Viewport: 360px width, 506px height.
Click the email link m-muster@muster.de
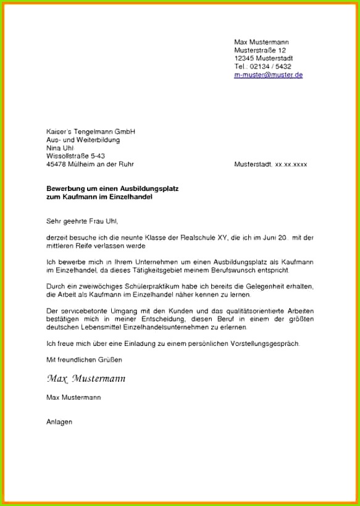point(268,75)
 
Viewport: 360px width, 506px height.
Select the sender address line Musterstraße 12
point(260,50)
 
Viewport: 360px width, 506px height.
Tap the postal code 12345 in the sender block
point(245,58)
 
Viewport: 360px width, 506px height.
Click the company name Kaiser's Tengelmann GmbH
point(90,132)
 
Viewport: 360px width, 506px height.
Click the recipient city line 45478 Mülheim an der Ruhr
point(90,164)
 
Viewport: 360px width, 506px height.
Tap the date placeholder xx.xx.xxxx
point(291,165)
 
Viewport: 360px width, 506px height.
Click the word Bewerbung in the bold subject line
point(64,188)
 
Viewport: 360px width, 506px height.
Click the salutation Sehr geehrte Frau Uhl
point(82,221)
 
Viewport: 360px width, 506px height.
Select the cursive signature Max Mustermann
point(85,378)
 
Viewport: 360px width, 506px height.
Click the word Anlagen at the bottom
point(59,422)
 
